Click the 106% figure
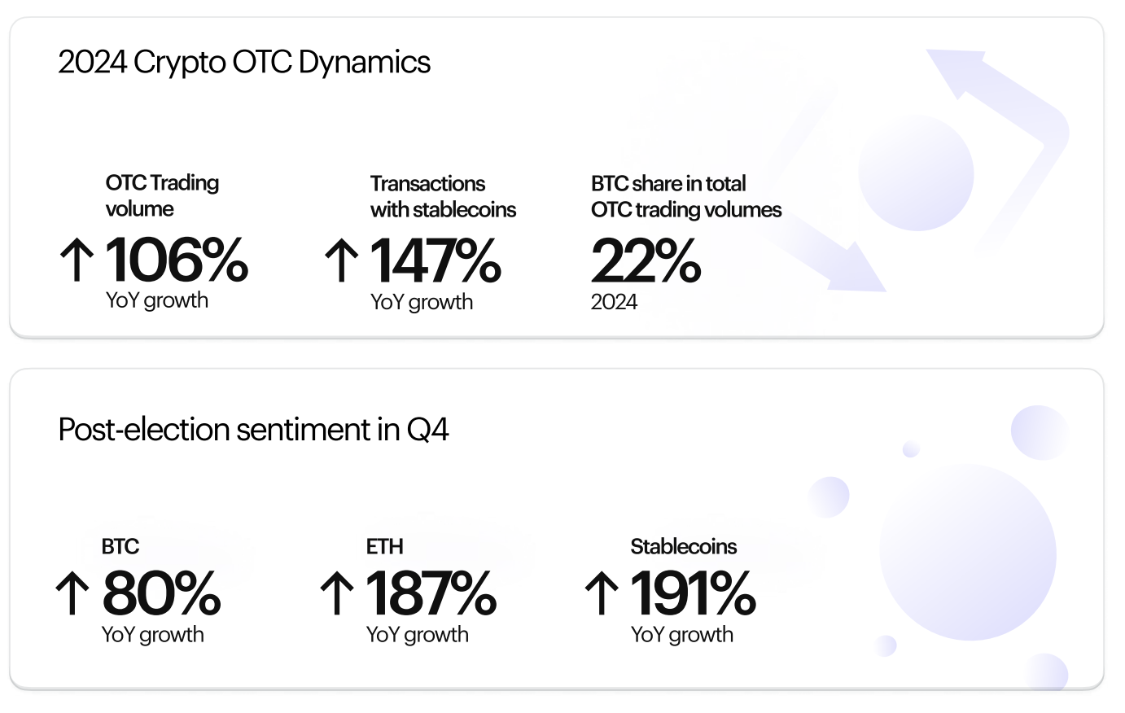pyautogui.click(x=177, y=260)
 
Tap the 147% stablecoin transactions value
pyautogui.click(x=435, y=260)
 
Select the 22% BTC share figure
pyautogui.click(x=646, y=260)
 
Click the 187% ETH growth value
pyautogui.click(x=431, y=593)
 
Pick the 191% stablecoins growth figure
pyautogui.click(x=693, y=593)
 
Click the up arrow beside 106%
pyautogui.click(x=77, y=260)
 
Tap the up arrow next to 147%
pyautogui.click(x=342, y=260)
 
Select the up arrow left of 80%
pyautogui.click(x=72, y=593)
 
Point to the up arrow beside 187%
pyautogui.click(x=337, y=593)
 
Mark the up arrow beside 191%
pyautogui.click(x=602, y=593)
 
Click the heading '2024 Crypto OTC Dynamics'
pyautogui.click(x=244, y=63)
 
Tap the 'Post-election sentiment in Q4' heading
pyautogui.click(x=253, y=430)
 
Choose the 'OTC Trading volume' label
pyautogui.click(x=162, y=196)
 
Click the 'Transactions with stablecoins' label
pyautogui.click(x=443, y=197)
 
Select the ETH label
pyautogui.click(x=384, y=546)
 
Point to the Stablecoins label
pyautogui.click(x=684, y=546)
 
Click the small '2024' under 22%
pyautogui.click(x=614, y=302)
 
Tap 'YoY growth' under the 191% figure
pyautogui.click(x=681, y=635)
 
